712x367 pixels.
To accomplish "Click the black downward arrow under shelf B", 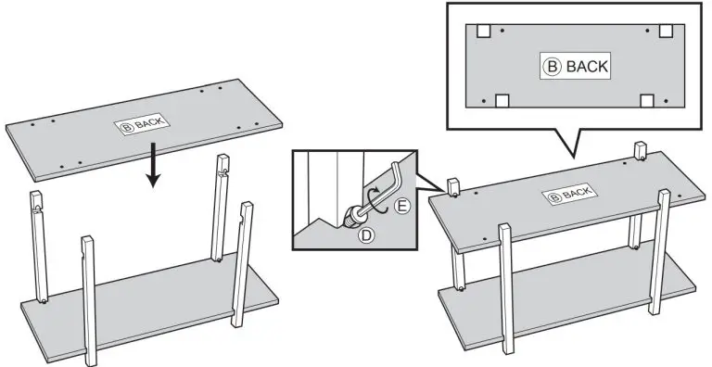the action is coord(153,164).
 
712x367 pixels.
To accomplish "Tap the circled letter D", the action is coord(365,235).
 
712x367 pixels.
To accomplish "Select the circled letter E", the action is coord(401,207).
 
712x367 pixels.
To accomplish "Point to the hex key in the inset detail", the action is coord(386,191).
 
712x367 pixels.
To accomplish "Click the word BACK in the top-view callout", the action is coord(587,67).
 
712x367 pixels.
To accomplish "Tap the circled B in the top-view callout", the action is coord(553,67).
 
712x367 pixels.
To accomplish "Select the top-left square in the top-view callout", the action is coord(484,31).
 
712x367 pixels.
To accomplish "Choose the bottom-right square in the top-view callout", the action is coord(647,101).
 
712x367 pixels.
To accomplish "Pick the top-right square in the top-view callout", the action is coord(666,31).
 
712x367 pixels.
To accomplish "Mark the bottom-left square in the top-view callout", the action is coord(502,101).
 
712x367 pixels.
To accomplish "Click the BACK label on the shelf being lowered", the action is coord(142,123).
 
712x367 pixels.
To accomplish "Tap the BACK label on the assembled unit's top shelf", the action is coord(570,195).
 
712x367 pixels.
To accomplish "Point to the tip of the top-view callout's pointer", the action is coord(574,158).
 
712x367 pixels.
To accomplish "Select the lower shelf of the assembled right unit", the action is coord(566,296).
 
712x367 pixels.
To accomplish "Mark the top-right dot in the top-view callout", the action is coord(647,31).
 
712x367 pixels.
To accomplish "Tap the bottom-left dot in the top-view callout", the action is coord(484,101).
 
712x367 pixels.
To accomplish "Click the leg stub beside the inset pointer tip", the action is coord(452,187).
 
